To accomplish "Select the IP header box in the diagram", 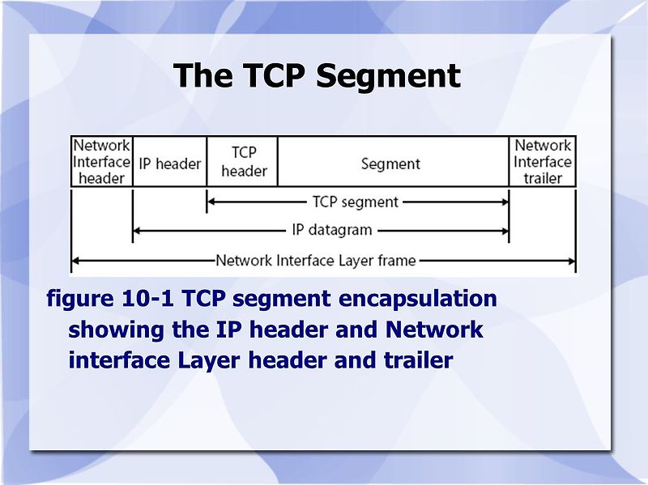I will [x=169, y=163].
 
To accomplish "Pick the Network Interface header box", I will [x=102, y=161].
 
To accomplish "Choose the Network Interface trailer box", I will [x=543, y=161].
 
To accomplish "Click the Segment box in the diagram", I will [x=390, y=164].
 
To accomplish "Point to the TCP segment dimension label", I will [x=355, y=202].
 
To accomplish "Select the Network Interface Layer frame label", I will [x=316, y=261].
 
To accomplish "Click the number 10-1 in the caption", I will [x=147, y=299].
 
